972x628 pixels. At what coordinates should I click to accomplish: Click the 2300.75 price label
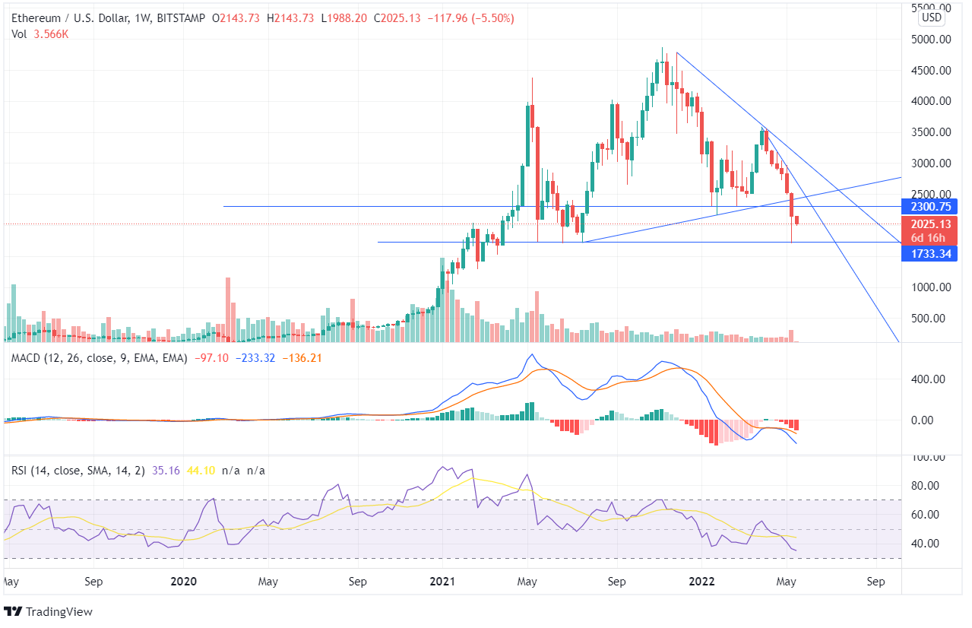pos(928,206)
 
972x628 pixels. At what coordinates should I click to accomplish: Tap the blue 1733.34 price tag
pos(928,253)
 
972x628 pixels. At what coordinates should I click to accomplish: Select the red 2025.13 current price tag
pos(928,224)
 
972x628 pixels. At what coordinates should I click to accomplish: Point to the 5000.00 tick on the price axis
pos(931,39)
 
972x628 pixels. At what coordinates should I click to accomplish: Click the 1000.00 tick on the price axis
pos(931,287)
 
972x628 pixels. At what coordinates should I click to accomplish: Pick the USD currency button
pos(931,17)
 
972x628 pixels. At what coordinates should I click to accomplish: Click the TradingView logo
pos(49,611)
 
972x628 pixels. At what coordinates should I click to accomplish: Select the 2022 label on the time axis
pos(701,582)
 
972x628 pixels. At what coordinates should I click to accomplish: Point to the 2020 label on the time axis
pos(183,582)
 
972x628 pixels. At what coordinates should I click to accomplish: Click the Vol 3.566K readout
pos(40,33)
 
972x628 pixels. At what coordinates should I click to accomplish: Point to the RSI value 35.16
pos(166,471)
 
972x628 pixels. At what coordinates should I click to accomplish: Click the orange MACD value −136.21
pos(302,357)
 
